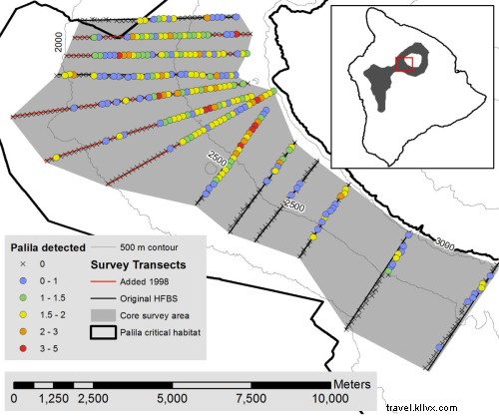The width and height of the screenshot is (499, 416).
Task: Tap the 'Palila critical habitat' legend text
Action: tap(166, 330)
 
